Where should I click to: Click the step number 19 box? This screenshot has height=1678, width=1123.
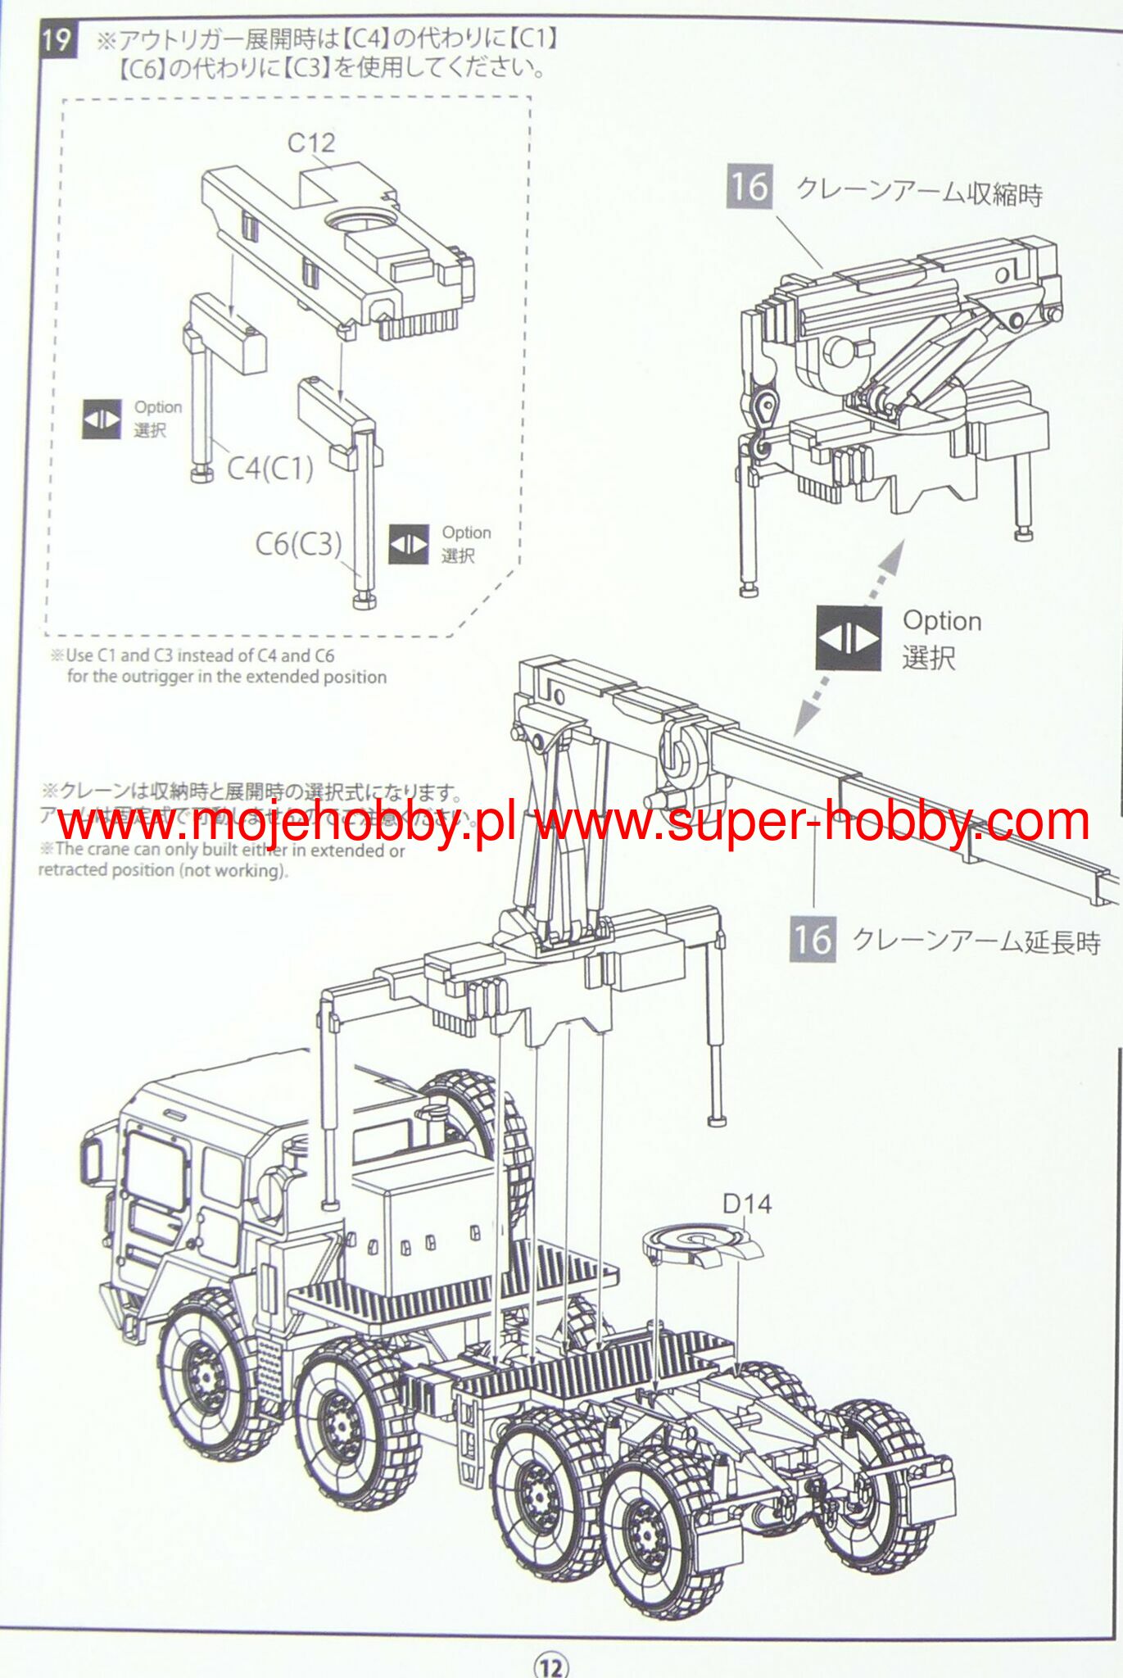[57, 39]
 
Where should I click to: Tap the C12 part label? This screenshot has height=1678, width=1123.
[311, 143]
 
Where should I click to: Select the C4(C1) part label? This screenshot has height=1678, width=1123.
[270, 468]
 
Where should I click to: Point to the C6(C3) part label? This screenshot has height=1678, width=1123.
[298, 543]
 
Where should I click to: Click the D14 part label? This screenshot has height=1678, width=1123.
[747, 1204]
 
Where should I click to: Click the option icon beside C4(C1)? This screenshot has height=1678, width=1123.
[102, 419]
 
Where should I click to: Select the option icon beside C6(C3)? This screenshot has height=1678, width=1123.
[408, 544]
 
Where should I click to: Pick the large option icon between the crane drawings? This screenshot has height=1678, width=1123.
[849, 638]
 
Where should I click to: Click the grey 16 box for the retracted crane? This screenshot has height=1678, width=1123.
[749, 187]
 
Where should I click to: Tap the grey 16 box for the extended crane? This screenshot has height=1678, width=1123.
[813, 939]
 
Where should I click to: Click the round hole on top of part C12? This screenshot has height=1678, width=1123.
[357, 222]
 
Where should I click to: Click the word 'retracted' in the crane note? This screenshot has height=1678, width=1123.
[73, 870]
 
